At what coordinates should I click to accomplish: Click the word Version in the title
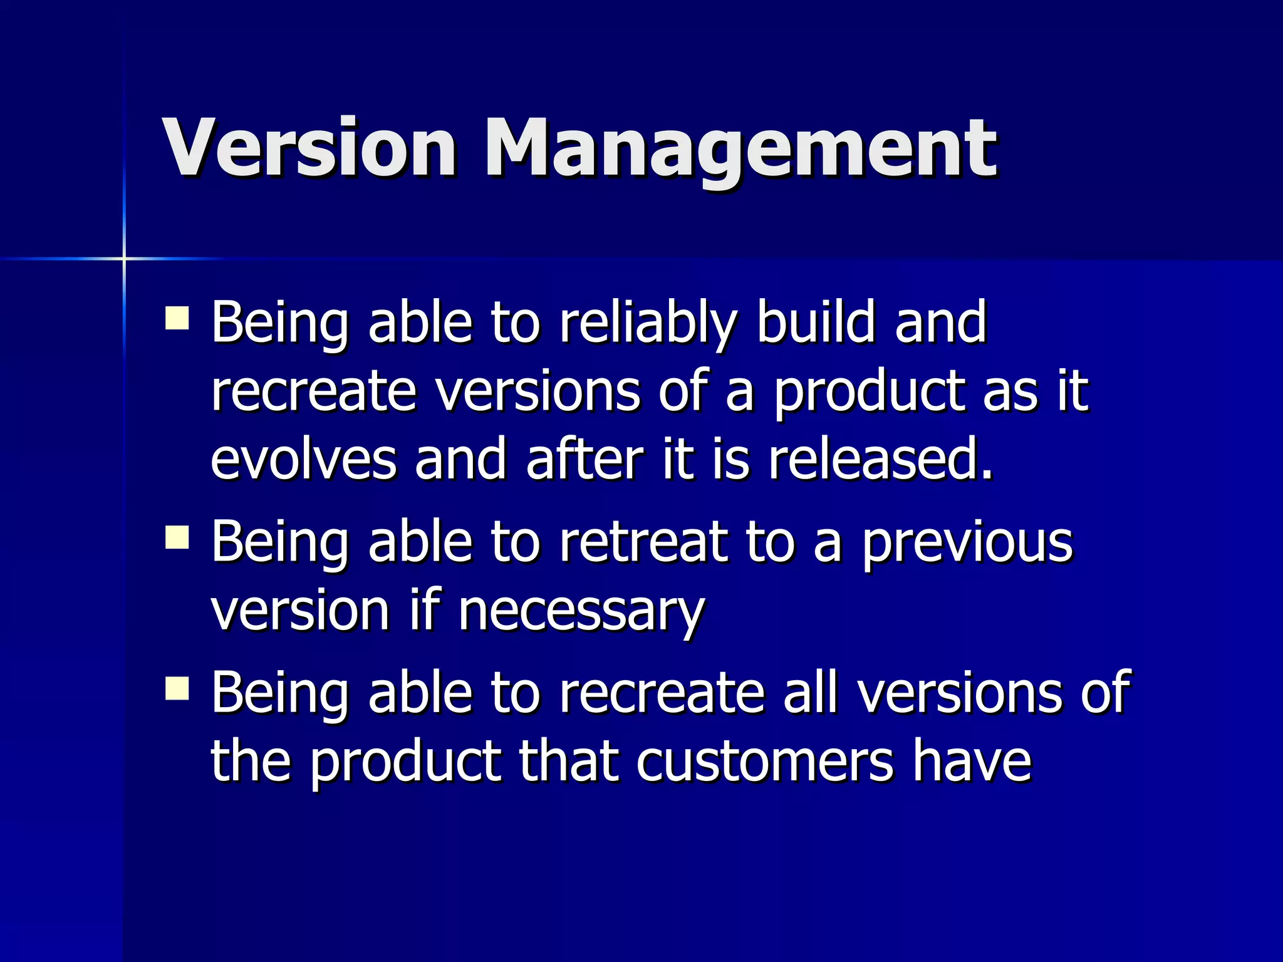click(x=309, y=148)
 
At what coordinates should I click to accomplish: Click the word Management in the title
click(x=739, y=150)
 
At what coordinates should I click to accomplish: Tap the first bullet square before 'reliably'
click(x=177, y=318)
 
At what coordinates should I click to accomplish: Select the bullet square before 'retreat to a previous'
click(x=177, y=537)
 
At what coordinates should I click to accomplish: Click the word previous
click(x=967, y=542)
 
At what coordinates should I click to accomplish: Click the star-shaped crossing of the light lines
click(x=124, y=258)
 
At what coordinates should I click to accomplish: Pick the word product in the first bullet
click(x=868, y=392)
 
